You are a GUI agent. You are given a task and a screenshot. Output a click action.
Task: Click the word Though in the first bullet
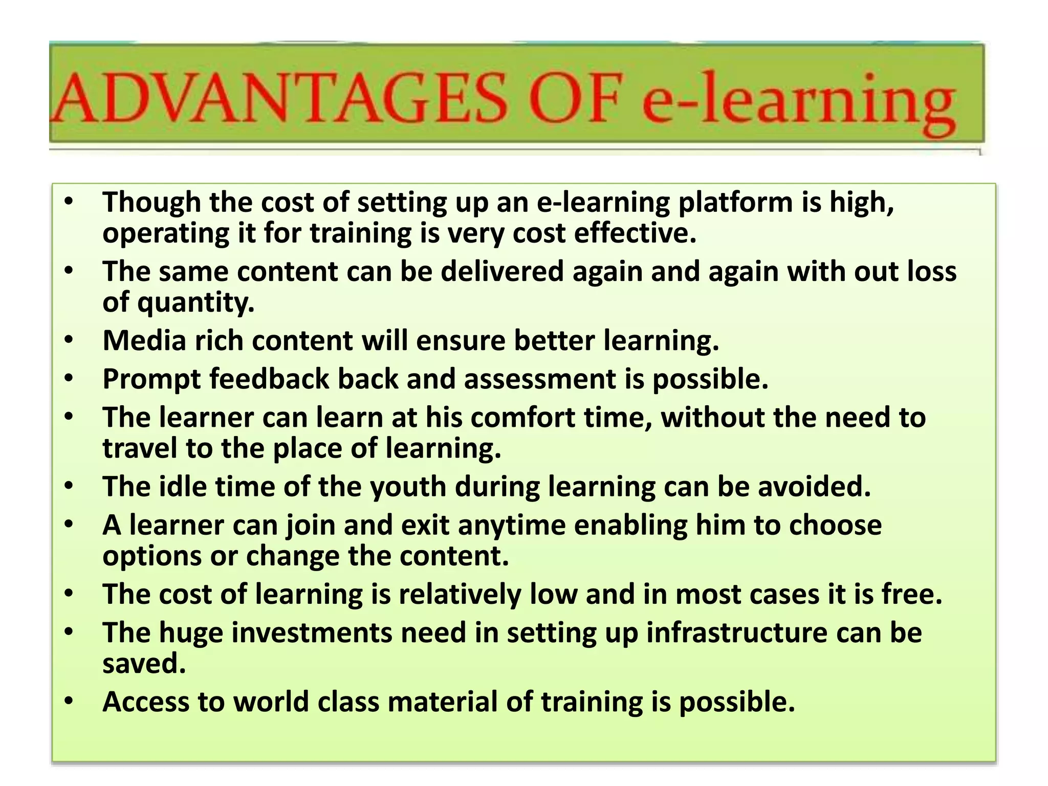click(151, 203)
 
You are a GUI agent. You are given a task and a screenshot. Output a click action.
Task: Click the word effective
click(635, 233)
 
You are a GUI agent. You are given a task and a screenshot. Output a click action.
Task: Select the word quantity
click(195, 303)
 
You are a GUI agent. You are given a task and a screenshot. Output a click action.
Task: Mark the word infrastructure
click(737, 633)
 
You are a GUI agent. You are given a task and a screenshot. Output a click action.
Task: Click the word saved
click(144, 664)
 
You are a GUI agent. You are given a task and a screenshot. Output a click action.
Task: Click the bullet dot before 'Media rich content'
click(70, 340)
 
